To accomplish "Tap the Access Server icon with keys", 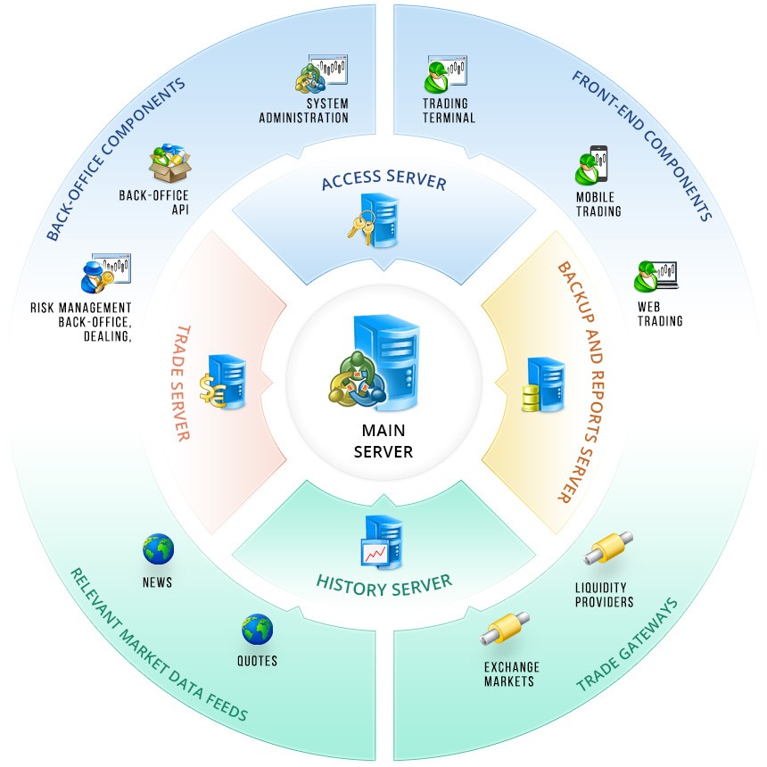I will coord(375,219).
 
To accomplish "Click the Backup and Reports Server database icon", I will coord(542,384).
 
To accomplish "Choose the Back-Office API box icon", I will coord(170,164).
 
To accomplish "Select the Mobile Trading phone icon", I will coord(592,165).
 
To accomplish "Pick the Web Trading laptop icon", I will coord(656,277).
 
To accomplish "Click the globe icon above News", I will coord(158,549).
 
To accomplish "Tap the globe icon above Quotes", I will coord(257,630).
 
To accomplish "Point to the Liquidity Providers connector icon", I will coord(608,548).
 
